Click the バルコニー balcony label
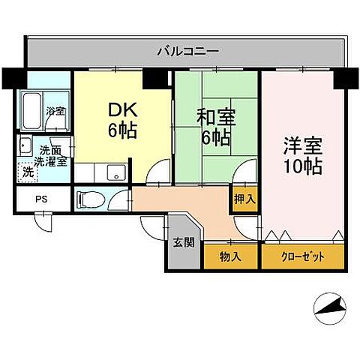click(x=187, y=52)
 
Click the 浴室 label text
click(x=55, y=112)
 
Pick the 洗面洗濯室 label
click(x=52, y=154)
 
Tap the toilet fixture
click(x=88, y=199)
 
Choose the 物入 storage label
click(x=230, y=256)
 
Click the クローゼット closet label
click(x=303, y=256)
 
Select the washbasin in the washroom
click(x=25, y=146)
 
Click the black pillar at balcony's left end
click(x=13, y=77)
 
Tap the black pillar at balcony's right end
click(x=346, y=77)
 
